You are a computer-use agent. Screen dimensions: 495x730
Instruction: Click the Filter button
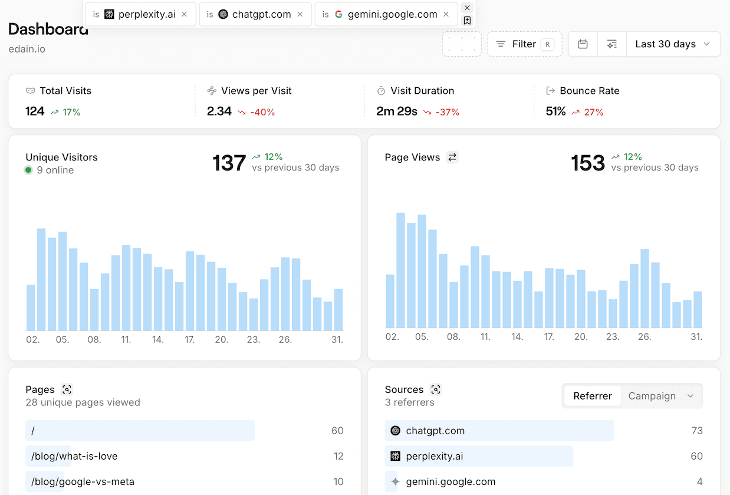[x=524, y=44]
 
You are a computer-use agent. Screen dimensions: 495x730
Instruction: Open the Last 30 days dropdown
[x=673, y=44]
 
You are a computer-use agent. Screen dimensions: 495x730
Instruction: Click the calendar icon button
[x=583, y=44]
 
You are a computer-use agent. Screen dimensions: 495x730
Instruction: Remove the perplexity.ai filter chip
[x=185, y=14]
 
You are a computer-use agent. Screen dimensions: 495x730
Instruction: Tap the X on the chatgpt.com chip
[x=300, y=14]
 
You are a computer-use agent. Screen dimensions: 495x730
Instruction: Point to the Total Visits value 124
[x=35, y=112]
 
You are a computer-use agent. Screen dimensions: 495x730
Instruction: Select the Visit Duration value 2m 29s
[x=397, y=112]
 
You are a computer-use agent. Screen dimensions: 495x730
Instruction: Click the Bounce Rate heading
[x=589, y=91]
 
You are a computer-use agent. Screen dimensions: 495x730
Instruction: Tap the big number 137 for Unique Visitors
[x=229, y=163]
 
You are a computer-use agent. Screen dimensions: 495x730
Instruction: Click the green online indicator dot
[x=28, y=171]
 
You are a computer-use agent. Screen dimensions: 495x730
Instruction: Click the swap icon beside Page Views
[x=452, y=158]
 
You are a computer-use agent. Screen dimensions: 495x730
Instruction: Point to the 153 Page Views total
[x=588, y=163]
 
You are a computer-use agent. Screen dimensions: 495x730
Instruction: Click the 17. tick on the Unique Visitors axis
[x=190, y=340]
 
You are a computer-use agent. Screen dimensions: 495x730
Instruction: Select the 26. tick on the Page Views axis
[x=644, y=337]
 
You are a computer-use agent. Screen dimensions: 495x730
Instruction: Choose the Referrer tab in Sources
[x=592, y=396]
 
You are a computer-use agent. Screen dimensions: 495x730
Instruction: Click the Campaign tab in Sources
[x=652, y=396]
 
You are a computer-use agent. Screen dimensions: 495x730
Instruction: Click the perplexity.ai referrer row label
[x=434, y=456]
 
